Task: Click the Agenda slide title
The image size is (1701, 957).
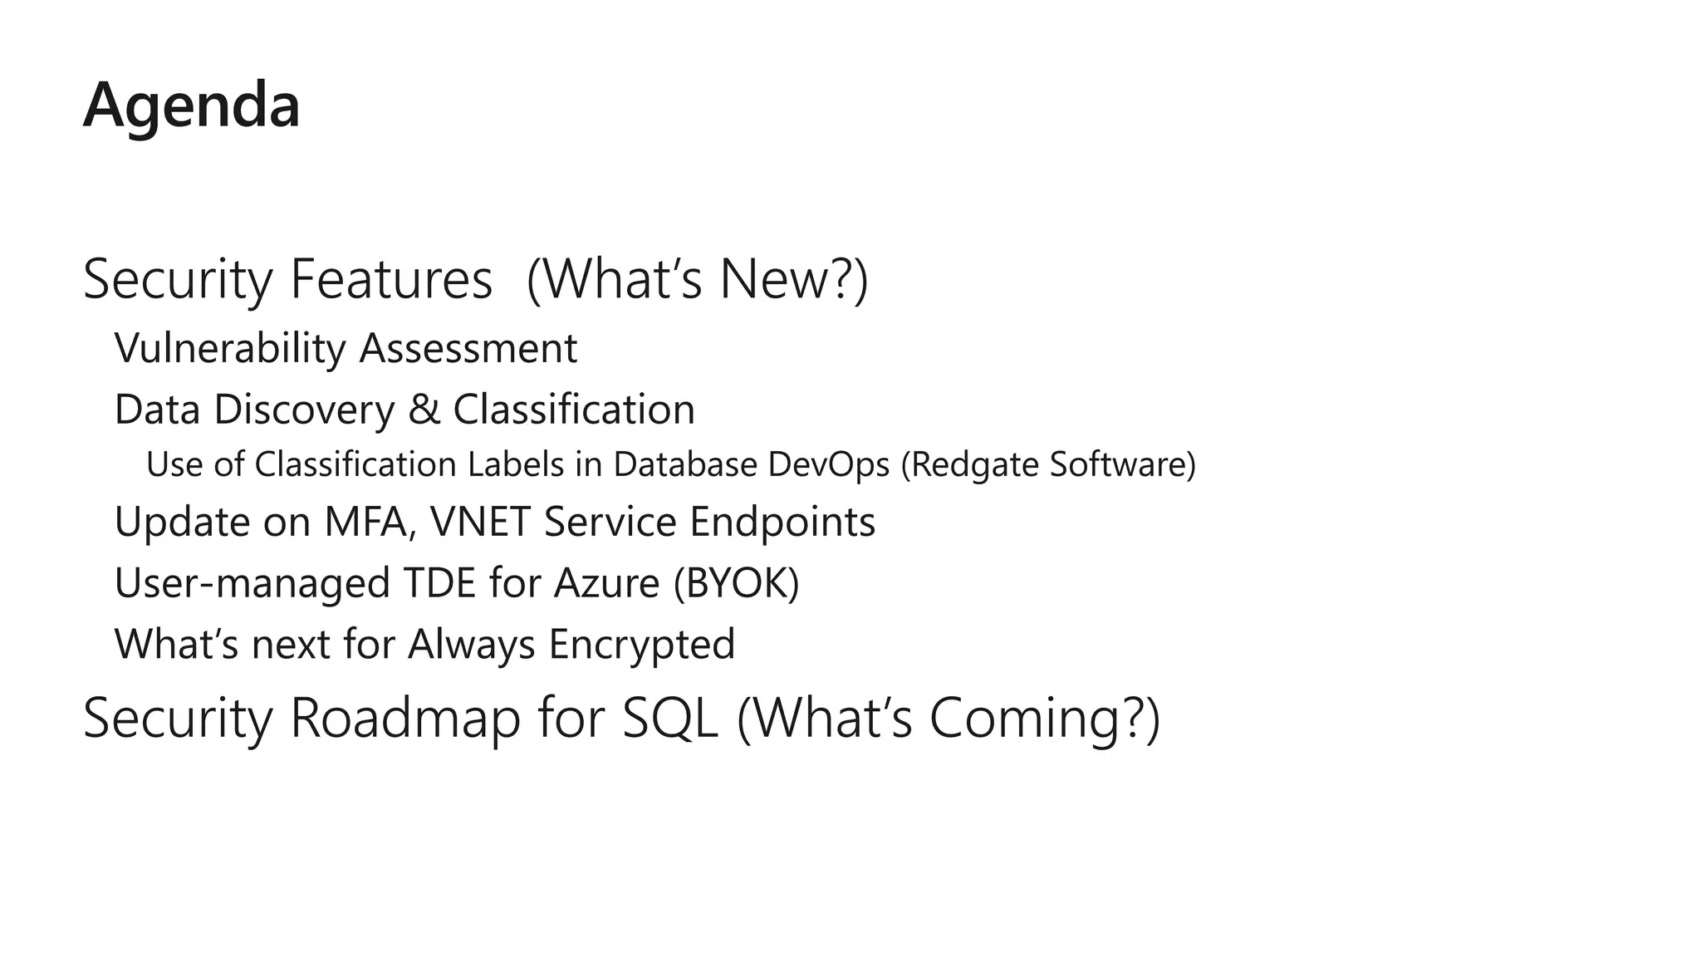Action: coord(191,106)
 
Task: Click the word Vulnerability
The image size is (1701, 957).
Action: coord(229,349)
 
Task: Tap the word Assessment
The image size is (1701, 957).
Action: coord(468,349)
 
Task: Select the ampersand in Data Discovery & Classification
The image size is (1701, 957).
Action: coord(424,410)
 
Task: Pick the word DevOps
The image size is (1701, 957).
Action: coord(829,464)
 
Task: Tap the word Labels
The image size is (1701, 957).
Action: coord(516,464)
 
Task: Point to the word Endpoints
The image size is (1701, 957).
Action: coord(782,523)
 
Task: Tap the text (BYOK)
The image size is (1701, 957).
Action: coord(736,583)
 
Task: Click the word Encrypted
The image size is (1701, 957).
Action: coord(641,645)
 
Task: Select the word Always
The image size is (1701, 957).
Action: coord(471,645)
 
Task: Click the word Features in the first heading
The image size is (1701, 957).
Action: coord(390,280)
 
